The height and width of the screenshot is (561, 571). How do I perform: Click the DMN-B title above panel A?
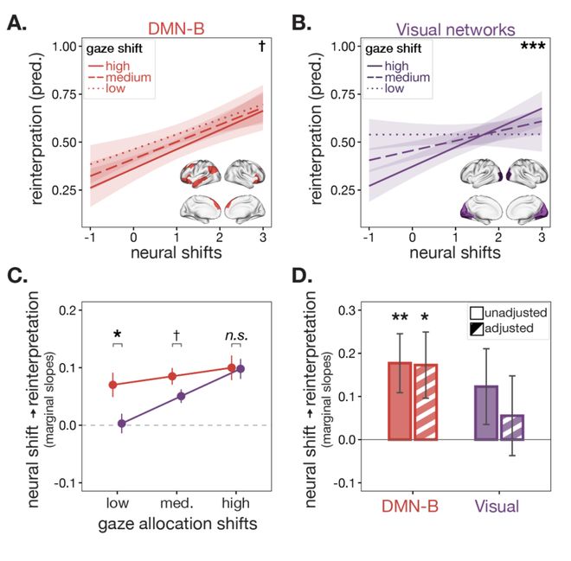point(176,29)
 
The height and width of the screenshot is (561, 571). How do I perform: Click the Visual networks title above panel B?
point(456,29)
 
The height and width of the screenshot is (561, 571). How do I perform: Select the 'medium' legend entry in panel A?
point(120,77)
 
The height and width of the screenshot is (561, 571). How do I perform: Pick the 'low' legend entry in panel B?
point(385,88)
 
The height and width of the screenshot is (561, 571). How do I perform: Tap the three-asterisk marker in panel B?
point(533,46)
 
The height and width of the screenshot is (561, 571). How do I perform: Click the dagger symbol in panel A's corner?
point(262,46)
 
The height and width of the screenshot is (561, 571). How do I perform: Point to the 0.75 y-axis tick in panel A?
point(67,94)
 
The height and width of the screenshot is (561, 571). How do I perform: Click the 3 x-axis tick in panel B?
point(542,237)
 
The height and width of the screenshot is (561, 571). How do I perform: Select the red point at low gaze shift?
point(112,385)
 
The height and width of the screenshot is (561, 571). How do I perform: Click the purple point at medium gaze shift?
point(181,396)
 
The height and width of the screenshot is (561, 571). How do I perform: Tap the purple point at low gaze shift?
point(122,424)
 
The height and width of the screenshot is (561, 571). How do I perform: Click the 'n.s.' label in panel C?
point(236,335)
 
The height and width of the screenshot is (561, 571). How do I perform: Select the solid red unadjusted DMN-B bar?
point(400,401)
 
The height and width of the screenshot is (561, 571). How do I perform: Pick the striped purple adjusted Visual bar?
point(512,428)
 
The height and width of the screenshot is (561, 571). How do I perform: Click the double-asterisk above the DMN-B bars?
point(400,317)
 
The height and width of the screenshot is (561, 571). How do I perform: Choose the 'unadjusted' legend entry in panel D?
point(509,313)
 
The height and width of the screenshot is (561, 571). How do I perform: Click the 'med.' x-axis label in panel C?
point(176,503)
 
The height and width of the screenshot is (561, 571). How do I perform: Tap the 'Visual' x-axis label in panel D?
point(497,506)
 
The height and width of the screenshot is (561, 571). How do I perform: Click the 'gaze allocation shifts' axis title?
point(177,524)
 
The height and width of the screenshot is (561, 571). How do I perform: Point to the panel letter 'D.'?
point(302,276)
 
